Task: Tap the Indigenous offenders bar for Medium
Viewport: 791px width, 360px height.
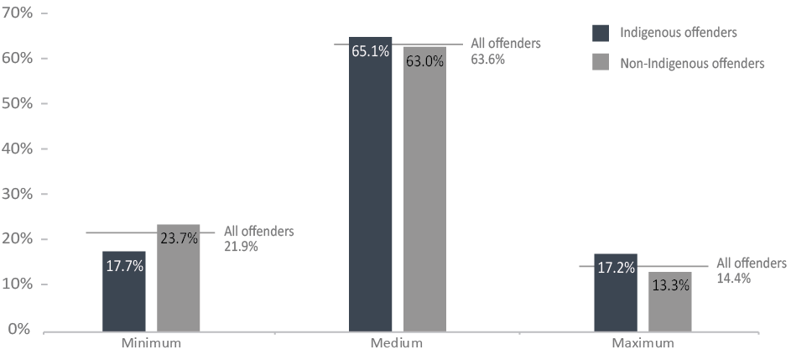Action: [370, 185]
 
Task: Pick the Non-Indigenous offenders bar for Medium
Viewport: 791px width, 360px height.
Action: [424, 189]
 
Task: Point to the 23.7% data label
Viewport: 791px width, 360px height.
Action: [178, 238]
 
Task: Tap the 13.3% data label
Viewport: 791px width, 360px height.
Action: [669, 284]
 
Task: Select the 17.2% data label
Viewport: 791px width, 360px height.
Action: [616, 268]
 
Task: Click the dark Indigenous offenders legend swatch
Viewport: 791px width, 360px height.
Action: [601, 33]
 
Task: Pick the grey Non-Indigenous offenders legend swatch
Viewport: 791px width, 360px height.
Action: [601, 62]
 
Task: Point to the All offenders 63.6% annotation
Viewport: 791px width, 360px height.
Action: [506, 51]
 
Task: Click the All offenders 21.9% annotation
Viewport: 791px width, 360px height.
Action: [258, 238]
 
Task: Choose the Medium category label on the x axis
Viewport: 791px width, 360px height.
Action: [396, 344]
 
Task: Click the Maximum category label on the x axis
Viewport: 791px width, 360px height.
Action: [642, 344]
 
